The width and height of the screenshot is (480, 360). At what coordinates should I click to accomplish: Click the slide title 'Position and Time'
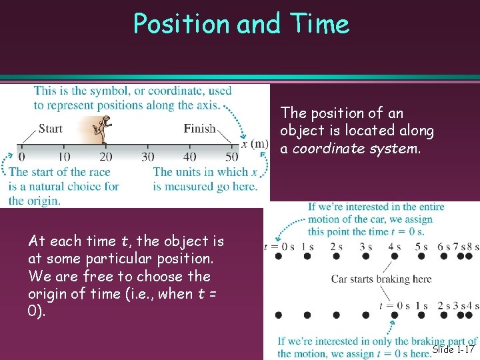[241, 24]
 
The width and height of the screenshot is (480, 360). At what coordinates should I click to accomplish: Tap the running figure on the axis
[103, 130]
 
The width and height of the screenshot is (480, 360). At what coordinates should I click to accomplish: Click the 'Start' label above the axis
[51, 128]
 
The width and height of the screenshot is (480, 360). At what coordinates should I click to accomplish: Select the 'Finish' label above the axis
[199, 128]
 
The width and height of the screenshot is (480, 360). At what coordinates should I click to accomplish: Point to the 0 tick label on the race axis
[21, 157]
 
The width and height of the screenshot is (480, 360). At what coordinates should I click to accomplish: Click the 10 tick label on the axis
[64, 157]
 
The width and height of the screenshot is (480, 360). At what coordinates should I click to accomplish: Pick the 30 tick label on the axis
[148, 157]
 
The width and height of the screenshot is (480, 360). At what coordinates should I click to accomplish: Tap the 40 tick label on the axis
[190, 157]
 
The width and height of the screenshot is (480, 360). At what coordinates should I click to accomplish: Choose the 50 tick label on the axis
[231, 157]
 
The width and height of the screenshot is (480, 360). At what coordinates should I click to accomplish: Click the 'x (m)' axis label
[255, 144]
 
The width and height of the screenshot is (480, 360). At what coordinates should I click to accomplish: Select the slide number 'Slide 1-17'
[453, 349]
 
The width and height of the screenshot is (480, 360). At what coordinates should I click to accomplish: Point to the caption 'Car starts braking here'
[381, 279]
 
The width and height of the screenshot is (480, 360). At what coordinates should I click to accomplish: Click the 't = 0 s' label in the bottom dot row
[394, 306]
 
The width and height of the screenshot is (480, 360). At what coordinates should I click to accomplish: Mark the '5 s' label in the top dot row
[421, 246]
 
